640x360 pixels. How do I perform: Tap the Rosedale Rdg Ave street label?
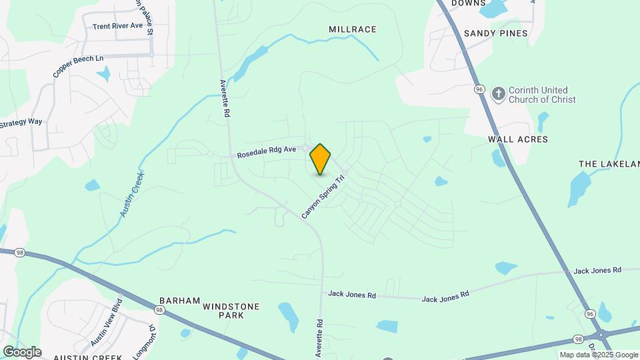[x=266, y=153]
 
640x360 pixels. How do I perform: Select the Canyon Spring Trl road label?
[x=325, y=197]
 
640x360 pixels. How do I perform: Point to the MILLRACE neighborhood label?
[x=353, y=29]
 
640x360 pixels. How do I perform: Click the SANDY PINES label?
[x=495, y=33]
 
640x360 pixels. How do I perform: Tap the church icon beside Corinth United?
[x=498, y=94]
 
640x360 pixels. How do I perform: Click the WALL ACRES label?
[x=518, y=139]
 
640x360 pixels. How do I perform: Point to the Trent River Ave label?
[x=118, y=26]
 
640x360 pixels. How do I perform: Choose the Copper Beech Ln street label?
[x=78, y=67]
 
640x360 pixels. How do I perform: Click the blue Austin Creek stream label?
[x=132, y=194]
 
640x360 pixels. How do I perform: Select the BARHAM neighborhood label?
[x=179, y=301]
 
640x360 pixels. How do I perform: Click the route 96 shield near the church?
[x=479, y=89]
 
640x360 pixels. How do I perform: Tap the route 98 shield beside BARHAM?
[x=159, y=310]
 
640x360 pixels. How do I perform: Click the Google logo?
[x=22, y=352]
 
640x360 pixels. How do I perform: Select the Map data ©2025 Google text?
[x=599, y=355]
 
